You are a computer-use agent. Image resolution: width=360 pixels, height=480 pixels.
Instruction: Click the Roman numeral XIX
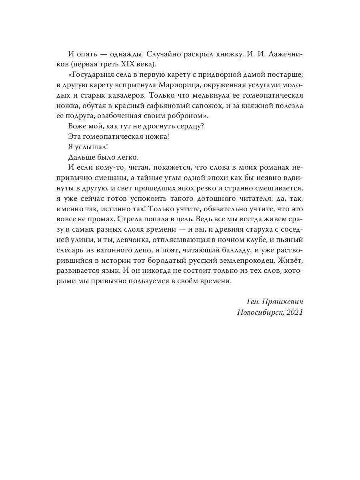pos(130,64)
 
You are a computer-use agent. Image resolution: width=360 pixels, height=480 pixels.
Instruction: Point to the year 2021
pos(294,312)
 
